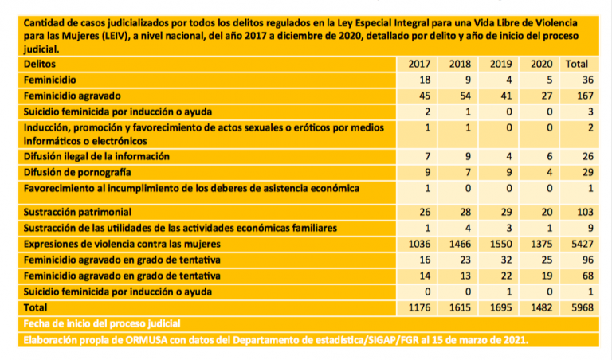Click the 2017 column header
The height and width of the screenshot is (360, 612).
pyautogui.click(x=418, y=63)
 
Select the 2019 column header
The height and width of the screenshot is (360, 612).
pyautogui.click(x=500, y=63)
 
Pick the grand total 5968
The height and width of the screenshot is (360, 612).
pyautogui.click(x=577, y=307)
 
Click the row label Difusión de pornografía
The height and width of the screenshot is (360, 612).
pyautogui.click(x=77, y=171)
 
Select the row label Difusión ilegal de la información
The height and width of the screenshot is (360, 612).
pyautogui.click(x=96, y=156)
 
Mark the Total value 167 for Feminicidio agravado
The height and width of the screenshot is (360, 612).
pyautogui.click(x=577, y=96)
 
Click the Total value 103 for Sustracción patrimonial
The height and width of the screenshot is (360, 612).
pyautogui.click(x=577, y=213)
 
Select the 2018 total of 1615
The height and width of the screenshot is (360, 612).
pyautogui.click(x=460, y=307)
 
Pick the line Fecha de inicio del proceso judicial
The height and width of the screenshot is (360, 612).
pyautogui.click(x=102, y=323)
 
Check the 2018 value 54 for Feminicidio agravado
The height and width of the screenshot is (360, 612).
pyautogui.click(x=460, y=96)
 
